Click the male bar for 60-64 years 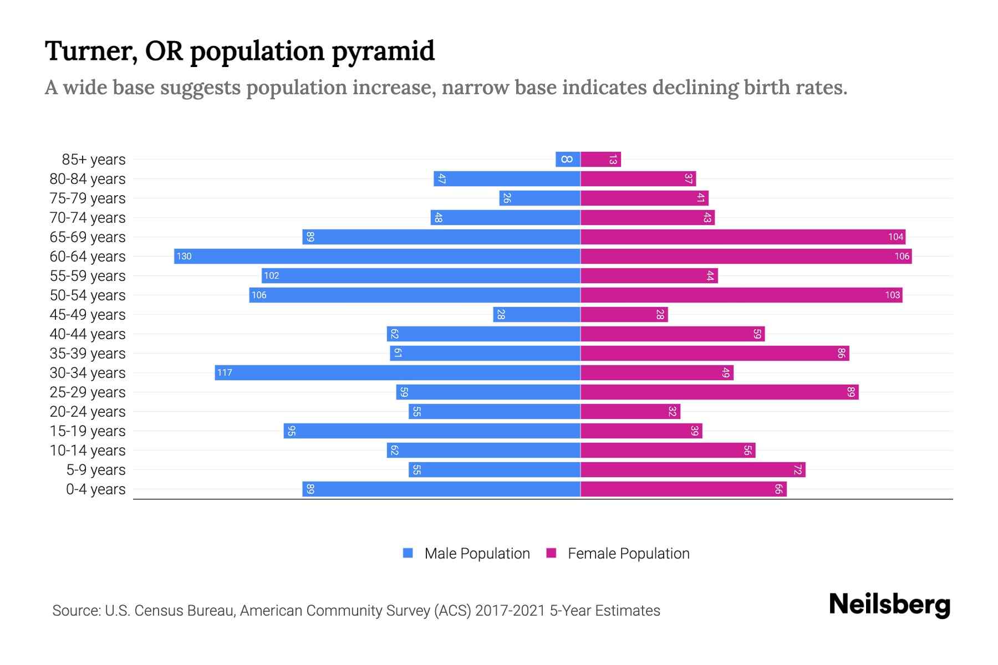[377, 256]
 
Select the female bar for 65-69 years [743, 237]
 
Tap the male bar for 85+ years [568, 159]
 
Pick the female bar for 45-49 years [624, 314]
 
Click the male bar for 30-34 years [398, 372]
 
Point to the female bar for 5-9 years [693, 469]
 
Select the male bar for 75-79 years [539, 198]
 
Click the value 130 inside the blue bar [184, 256]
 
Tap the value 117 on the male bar [225, 372]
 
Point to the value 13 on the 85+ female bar [613, 160]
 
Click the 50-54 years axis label [88, 295]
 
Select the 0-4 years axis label [95, 489]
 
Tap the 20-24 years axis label [88, 412]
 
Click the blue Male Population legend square [408, 553]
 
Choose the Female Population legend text [628, 554]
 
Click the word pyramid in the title [383, 51]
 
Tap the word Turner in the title [91, 51]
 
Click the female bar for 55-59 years [649, 275]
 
